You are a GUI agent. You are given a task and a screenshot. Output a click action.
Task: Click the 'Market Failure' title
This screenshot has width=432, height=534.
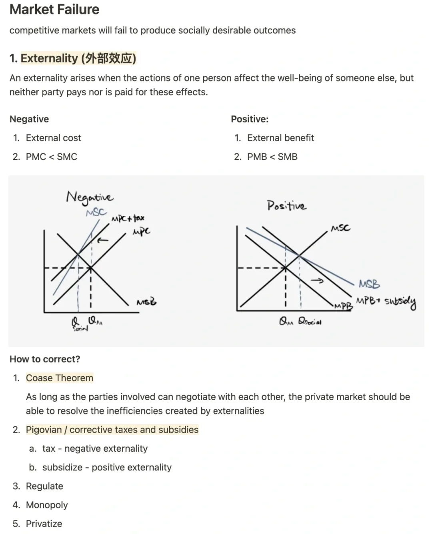point(54,9)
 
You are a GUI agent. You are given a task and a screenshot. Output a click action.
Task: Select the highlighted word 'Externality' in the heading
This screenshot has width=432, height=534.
point(49,58)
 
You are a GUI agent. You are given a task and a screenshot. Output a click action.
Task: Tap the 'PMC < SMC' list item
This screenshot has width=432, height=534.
point(51,157)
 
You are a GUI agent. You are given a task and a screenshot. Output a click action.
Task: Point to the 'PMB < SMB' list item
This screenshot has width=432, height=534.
point(272,157)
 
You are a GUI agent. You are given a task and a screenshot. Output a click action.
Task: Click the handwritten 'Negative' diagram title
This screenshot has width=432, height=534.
point(90,197)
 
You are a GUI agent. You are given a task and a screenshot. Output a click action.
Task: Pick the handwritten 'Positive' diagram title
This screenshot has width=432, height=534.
point(286,205)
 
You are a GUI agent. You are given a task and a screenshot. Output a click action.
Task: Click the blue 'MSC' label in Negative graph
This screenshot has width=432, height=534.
point(96,212)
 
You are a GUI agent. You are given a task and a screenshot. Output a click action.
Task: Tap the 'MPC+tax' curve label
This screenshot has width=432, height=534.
point(128,218)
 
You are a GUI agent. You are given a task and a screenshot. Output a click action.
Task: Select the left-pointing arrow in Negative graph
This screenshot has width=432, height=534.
point(103,240)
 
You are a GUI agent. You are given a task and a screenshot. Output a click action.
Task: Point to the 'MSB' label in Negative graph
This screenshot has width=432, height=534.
point(146,302)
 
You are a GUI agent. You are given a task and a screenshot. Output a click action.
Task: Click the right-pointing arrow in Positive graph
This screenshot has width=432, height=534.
point(317,281)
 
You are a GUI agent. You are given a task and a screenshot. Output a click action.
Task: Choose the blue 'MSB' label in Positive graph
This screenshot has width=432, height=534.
point(369,284)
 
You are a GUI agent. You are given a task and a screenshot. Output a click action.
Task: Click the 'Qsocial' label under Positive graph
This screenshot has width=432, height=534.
point(310,322)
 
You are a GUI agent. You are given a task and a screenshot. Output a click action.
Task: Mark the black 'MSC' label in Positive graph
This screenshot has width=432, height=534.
point(340,228)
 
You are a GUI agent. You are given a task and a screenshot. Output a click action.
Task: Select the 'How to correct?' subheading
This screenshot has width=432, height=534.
point(45,359)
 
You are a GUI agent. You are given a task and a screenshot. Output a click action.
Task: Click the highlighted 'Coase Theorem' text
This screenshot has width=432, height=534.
point(60,378)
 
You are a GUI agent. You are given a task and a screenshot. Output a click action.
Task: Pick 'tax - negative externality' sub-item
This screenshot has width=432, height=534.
point(95,448)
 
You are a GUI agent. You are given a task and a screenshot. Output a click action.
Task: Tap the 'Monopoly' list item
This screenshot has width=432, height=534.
point(47,505)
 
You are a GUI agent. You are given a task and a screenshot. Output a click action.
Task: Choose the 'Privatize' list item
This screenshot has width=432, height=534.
point(44,524)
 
